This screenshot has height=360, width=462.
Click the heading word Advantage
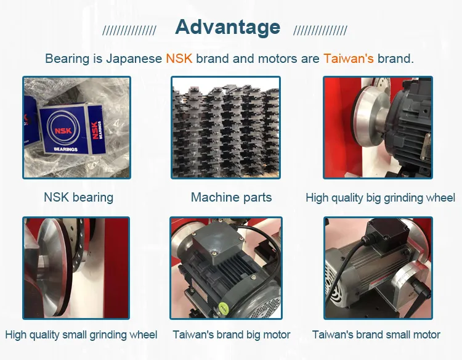coord(227,27)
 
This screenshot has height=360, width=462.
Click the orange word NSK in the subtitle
coord(179,59)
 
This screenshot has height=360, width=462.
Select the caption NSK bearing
coord(78,197)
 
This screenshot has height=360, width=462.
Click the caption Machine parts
coord(231,197)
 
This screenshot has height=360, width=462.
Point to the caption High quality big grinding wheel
coord(380,198)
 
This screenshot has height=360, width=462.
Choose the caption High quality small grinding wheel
coord(81,335)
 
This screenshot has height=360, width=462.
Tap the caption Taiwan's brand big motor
coord(231,335)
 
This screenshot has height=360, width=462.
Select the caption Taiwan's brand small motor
coord(376,335)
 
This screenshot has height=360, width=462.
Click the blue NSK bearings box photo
coord(76,128)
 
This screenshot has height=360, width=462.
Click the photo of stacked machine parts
coord(225,128)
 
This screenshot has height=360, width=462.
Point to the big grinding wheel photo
coord(378,128)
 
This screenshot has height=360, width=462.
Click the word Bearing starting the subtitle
coord(66,60)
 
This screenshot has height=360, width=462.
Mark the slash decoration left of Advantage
coord(129,30)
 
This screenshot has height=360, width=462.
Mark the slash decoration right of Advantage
coord(320,30)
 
